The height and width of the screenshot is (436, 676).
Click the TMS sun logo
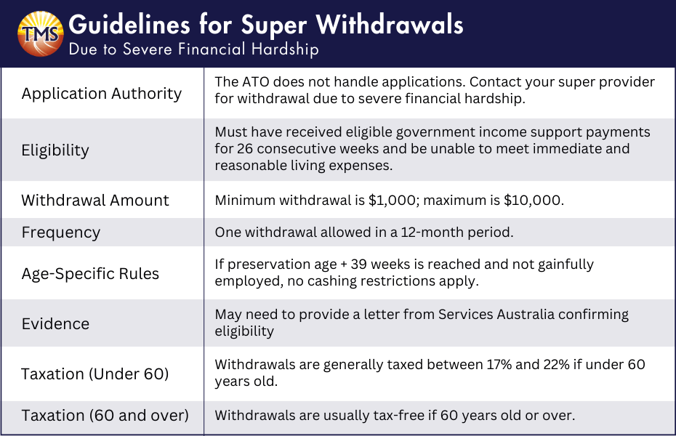40,34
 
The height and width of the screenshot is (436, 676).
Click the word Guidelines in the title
129,25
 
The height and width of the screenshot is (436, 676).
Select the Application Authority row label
102,94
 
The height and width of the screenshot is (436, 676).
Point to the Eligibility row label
55,150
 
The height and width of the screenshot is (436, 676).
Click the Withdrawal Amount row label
95,201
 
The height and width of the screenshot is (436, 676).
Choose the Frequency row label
61,233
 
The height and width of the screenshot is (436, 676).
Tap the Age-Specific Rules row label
90,273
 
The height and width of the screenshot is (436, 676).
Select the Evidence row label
56,324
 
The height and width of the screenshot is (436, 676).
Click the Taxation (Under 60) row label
94,374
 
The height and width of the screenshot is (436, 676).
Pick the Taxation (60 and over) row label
105,416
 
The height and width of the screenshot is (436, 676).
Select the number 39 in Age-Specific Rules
358,264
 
